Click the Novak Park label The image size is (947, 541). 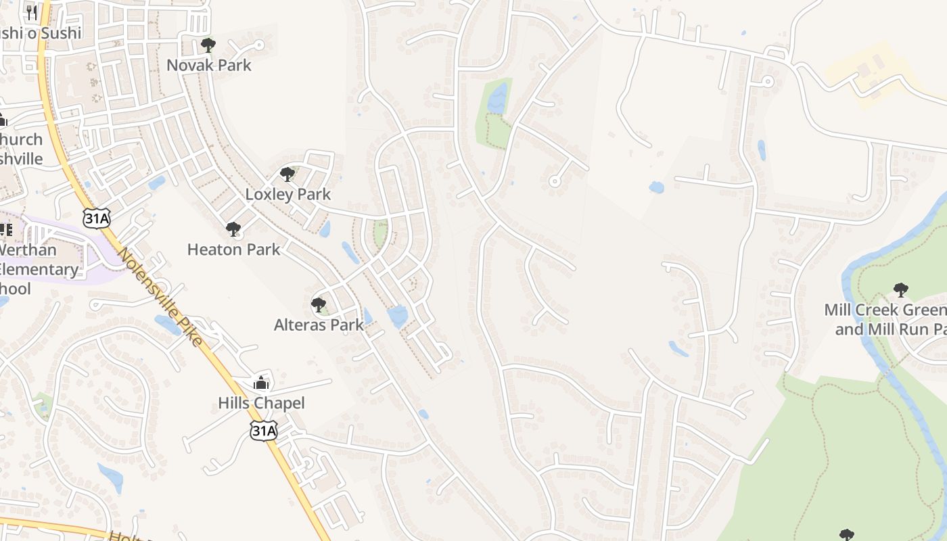pyautogui.click(x=209, y=66)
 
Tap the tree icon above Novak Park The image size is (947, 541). pyautogui.click(x=208, y=45)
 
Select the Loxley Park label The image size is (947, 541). pyautogui.click(x=287, y=194)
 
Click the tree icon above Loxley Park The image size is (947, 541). pyautogui.click(x=287, y=174)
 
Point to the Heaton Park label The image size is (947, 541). pyautogui.click(x=233, y=250)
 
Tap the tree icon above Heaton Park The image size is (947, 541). pyautogui.click(x=233, y=229)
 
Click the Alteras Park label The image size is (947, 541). pyautogui.click(x=319, y=325)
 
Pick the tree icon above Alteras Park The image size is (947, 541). pyautogui.click(x=318, y=305)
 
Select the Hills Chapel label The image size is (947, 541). pyautogui.click(x=261, y=403)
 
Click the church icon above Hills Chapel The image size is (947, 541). pyautogui.click(x=261, y=383)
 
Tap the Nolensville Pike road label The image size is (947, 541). pyautogui.click(x=160, y=298)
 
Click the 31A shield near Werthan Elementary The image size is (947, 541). pyautogui.click(x=95, y=218)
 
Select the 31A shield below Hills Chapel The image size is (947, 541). pyautogui.click(x=263, y=431)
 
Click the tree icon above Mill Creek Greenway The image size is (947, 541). pyautogui.click(x=900, y=290)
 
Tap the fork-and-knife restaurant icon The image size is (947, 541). pyautogui.click(x=32, y=12)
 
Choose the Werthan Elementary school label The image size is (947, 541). pyautogui.click(x=37, y=269)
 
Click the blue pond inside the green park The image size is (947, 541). pyautogui.click(x=497, y=99)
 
